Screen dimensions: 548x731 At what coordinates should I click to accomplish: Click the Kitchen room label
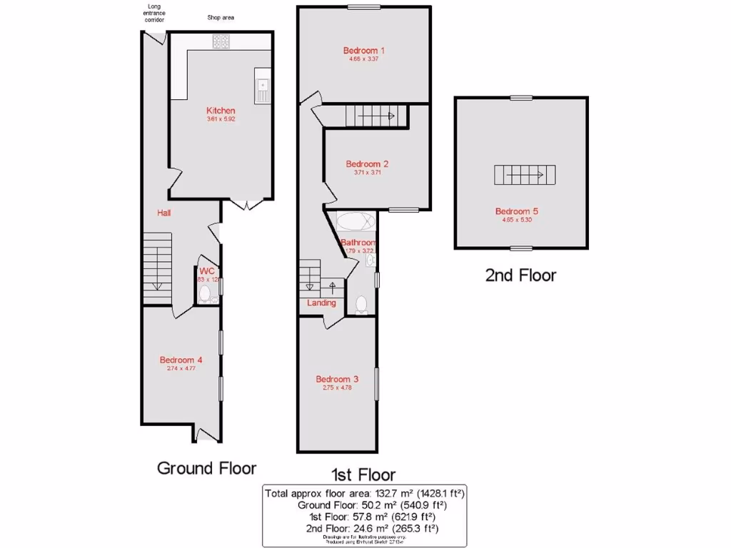221,111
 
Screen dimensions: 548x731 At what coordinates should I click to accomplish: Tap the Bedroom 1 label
364,51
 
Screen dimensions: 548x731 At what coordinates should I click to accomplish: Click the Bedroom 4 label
181,360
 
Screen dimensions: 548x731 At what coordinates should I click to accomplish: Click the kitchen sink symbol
262,90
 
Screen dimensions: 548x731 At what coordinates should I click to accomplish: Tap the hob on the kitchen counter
220,43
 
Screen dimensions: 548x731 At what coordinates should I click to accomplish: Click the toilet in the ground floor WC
205,294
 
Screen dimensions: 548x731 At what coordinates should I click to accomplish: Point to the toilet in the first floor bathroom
361,305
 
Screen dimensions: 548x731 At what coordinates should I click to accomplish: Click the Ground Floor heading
206,468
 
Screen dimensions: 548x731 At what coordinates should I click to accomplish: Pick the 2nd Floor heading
520,275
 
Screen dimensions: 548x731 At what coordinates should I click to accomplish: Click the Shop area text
221,17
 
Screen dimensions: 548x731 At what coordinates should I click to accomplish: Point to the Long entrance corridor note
155,14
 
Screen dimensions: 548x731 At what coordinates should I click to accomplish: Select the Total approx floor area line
365,493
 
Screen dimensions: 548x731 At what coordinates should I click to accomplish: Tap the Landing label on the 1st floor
321,303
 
